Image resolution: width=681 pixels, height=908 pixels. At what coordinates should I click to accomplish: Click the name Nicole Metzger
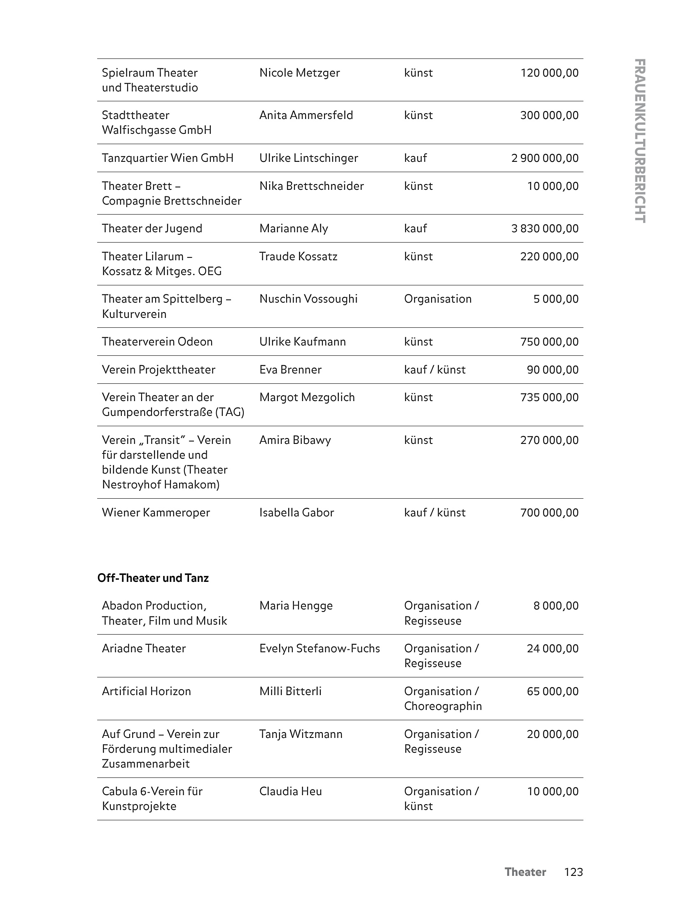tap(299, 73)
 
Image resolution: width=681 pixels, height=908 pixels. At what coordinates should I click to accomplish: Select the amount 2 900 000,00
tap(544, 158)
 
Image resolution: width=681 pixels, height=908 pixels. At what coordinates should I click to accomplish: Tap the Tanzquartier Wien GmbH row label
tap(168, 158)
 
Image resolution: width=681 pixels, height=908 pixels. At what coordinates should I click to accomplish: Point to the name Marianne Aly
tap(294, 229)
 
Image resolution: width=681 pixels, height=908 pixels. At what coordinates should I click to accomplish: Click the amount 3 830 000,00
tap(544, 229)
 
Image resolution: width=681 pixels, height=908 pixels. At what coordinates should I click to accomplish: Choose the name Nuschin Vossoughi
tap(308, 299)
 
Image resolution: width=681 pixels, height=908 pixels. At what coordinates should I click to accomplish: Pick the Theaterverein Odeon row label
tap(157, 342)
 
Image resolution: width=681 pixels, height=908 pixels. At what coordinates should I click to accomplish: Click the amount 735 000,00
tap(549, 397)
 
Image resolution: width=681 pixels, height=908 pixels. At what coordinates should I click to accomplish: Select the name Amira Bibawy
tap(295, 440)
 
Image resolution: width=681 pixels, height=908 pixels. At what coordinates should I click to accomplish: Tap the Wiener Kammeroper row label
tap(156, 513)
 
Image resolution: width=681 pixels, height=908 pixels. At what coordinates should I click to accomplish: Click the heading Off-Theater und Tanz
tap(153, 578)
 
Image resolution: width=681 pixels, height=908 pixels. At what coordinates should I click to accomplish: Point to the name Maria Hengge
tap(296, 606)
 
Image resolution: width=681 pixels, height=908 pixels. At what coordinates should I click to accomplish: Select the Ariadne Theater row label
tap(144, 649)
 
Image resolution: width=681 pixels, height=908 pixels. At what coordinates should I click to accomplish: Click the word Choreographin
tap(443, 706)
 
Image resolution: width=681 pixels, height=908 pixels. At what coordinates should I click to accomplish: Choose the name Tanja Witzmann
tap(301, 734)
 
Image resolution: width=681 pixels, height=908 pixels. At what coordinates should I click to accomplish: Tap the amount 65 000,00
tap(553, 691)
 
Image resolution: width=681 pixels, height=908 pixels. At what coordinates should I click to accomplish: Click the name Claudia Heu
tap(290, 791)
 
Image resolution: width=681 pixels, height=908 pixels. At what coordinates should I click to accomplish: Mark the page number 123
tap(573, 872)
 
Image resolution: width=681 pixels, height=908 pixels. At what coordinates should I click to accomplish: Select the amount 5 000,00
tap(556, 299)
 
